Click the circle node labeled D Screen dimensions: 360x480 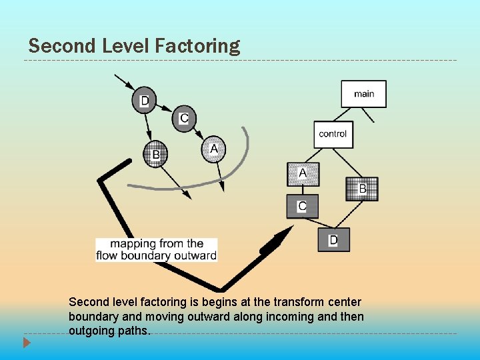coord(144,101)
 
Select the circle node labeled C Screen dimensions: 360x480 coord(184,119)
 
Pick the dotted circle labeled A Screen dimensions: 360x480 coord(213,149)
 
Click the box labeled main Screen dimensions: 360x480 coord(363,94)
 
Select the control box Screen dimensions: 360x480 coord(333,134)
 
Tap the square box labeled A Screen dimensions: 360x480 coord(303,174)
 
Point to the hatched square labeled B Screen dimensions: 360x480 coord(362,189)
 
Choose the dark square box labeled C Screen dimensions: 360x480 coord(302,206)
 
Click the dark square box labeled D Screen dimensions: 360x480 coord(333,239)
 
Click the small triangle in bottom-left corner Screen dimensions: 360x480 coord(27,343)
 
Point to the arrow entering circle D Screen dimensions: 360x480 coord(125,84)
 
